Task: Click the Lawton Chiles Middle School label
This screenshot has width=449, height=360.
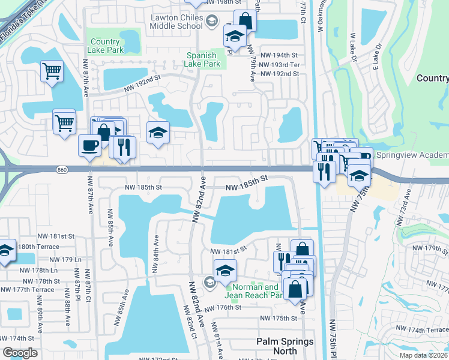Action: point(176,22)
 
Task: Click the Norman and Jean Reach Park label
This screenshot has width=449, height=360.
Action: point(254,291)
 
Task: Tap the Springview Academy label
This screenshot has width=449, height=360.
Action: point(412,154)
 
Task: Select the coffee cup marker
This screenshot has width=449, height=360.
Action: point(89,146)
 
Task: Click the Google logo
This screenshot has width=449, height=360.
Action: point(20,353)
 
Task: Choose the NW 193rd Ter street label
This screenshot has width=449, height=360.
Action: point(280,64)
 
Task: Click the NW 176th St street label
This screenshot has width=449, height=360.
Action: point(222,308)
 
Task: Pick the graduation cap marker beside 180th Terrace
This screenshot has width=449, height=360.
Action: point(6,250)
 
